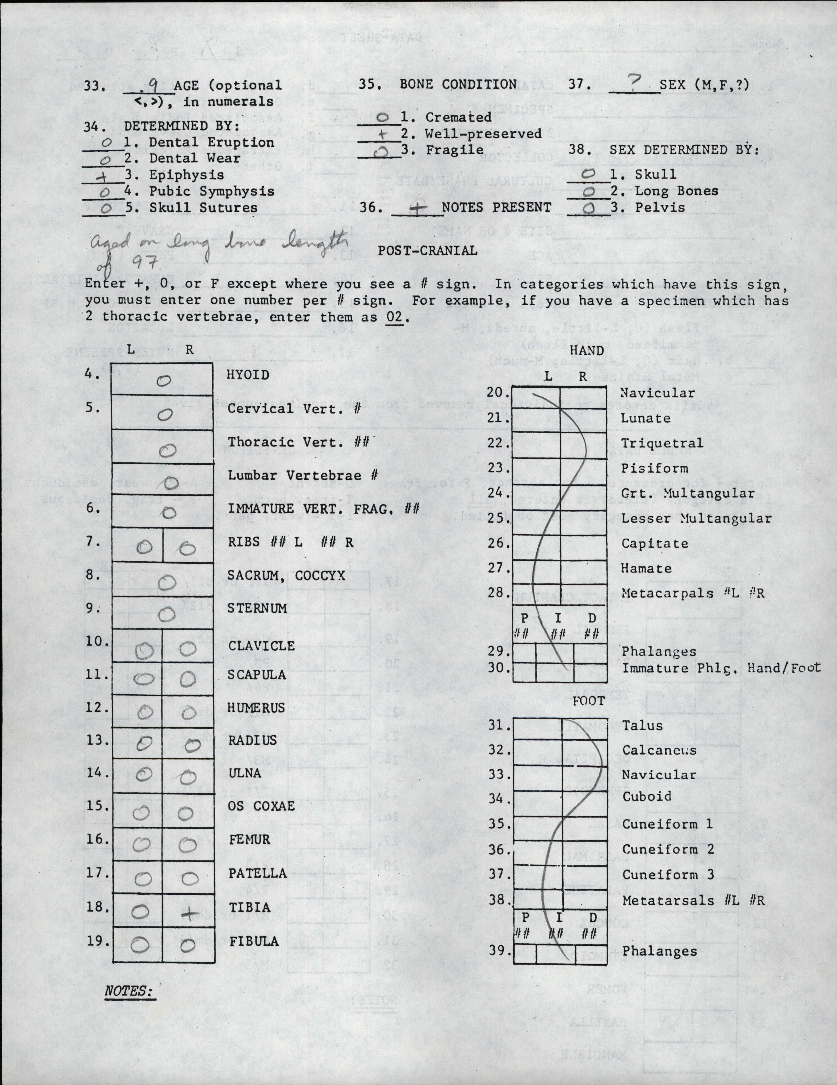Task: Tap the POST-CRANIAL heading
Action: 427,250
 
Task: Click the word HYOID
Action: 248,375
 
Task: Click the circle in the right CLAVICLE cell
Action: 188,649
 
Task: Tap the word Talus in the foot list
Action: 642,725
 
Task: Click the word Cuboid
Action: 647,796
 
